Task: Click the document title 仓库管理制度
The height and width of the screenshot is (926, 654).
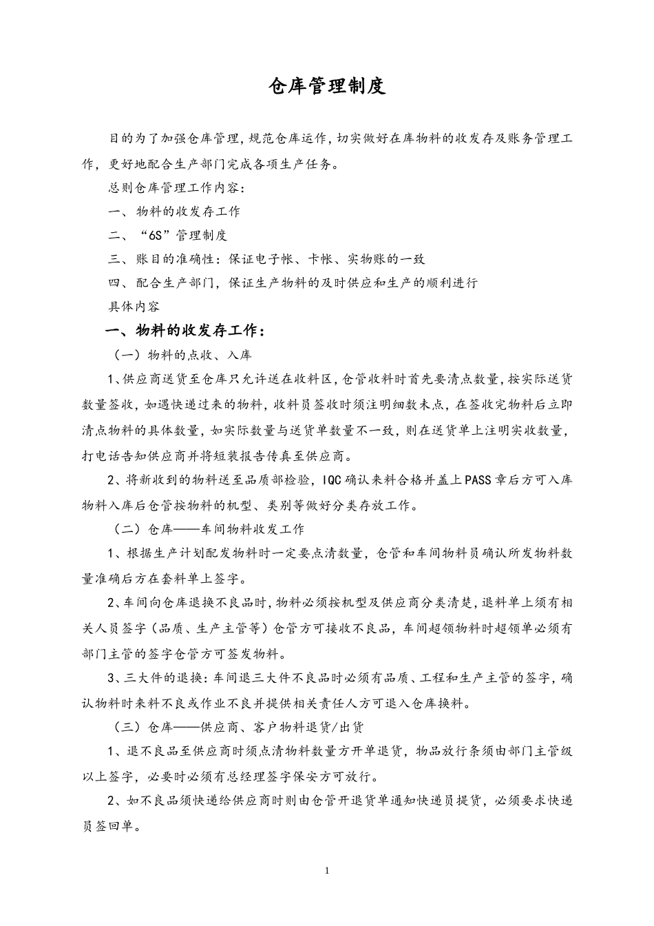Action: (327, 86)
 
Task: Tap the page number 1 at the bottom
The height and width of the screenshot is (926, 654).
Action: (327, 871)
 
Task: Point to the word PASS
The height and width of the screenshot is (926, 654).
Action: (478, 481)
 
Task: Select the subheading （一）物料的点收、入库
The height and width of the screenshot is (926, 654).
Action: (183, 356)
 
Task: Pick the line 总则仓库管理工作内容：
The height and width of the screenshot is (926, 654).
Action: (176, 188)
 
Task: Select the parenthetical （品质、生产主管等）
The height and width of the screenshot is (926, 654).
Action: (207, 628)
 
